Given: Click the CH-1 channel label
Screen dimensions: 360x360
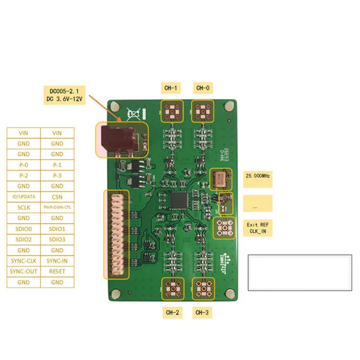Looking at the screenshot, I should (171, 88).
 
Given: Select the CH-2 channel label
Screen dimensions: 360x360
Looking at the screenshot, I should (173, 311).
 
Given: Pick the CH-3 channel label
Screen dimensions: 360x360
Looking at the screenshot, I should (203, 311).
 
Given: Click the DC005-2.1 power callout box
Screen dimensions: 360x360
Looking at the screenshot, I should (64, 95).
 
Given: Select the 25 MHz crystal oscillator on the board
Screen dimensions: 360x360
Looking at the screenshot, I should (221, 179).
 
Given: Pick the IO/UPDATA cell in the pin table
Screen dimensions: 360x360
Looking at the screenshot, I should (24, 197).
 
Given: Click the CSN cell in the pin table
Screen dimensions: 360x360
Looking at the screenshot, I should (57, 197).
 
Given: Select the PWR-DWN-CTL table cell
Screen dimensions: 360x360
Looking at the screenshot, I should (57, 207).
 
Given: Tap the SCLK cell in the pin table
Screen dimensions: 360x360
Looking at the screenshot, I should (24, 207).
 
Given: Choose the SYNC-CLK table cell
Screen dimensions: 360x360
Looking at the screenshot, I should (24, 261).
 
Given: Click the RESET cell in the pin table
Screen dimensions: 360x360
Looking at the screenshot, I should (57, 271).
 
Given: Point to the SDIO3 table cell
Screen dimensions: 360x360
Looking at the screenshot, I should (57, 239).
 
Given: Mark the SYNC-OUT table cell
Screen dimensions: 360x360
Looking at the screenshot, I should (24, 271).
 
